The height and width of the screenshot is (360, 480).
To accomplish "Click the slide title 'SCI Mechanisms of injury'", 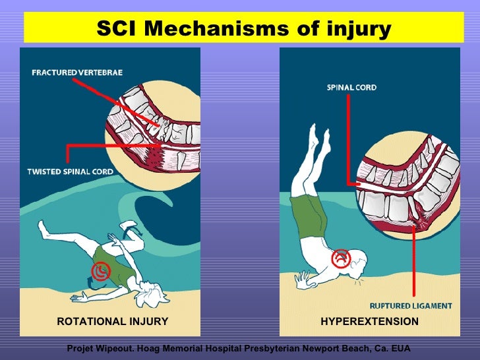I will click(x=243, y=29).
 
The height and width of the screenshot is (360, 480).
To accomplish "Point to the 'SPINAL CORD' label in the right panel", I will click(x=352, y=87).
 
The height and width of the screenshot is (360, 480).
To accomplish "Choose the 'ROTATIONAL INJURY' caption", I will click(x=112, y=322).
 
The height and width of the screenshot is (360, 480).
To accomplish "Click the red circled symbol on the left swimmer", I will click(x=101, y=270).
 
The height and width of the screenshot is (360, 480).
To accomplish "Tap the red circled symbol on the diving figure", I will click(x=341, y=258).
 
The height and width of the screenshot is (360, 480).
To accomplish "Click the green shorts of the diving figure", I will click(x=308, y=214).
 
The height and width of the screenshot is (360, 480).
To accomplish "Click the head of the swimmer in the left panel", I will click(x=157, y=295).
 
